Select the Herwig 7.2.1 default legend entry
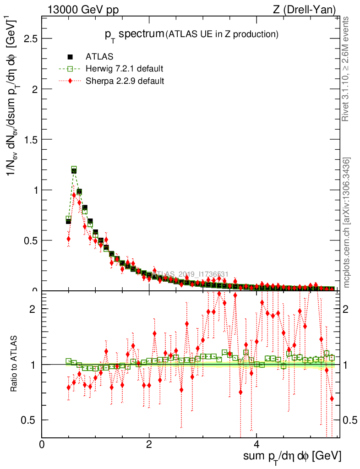tap(124, 69)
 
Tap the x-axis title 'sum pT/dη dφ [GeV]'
tap(292, 456)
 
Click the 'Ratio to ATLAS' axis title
tap(15, 365)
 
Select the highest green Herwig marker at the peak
tap(74, 169)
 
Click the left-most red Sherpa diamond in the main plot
tap(69, 239)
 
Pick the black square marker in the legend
tap(71, 57)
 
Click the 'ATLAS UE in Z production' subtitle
tap(222, 34)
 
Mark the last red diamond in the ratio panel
tap(332, 399)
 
